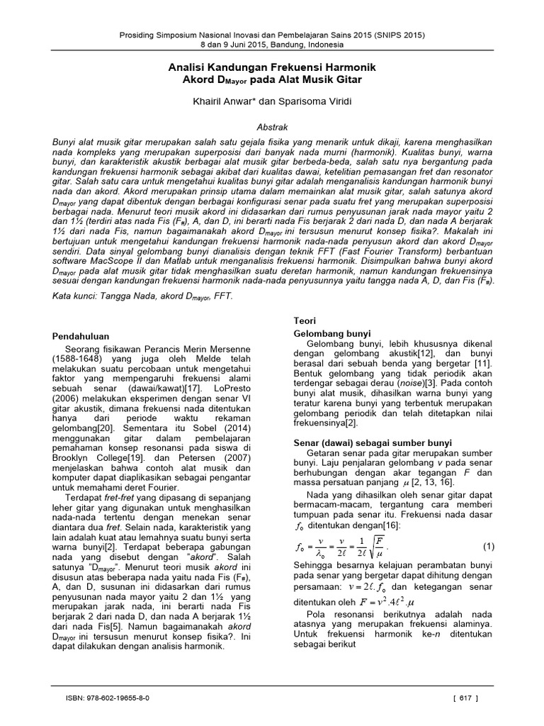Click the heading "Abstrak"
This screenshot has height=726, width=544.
pyautogui.click(x=271, y=125)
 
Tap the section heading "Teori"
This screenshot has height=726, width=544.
pyautogui.click(x=305, y=320)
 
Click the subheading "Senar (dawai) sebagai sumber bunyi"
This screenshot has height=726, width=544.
pyautogui.click(x=373, y=442)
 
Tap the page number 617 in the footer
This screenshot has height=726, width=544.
pyautogui.click(x=465, y=698)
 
